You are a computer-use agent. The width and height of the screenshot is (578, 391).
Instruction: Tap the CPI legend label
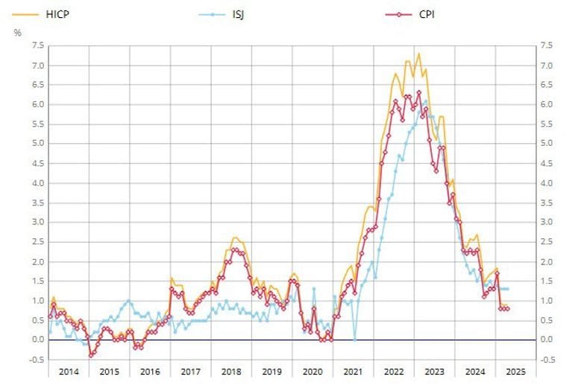(427, 13)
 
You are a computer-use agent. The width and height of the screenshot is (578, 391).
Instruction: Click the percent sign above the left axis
(17, 32)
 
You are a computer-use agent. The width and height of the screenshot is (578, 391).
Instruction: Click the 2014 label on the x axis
(68, 371)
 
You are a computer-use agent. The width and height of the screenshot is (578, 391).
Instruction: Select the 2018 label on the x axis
(230, 371)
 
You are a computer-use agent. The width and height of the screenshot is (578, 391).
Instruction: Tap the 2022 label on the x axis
(393, 371)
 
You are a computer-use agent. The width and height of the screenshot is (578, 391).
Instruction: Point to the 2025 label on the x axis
(515, 371)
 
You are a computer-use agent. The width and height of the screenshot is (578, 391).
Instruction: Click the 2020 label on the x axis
(312, 371)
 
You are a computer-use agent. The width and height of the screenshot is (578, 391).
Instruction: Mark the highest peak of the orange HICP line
(418, 54)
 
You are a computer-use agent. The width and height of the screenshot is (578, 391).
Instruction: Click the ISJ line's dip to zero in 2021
(354, 339)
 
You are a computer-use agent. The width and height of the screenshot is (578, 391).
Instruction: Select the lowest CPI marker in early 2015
(91, 355)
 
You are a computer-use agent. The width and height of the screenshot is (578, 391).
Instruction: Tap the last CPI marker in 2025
(508, 308)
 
